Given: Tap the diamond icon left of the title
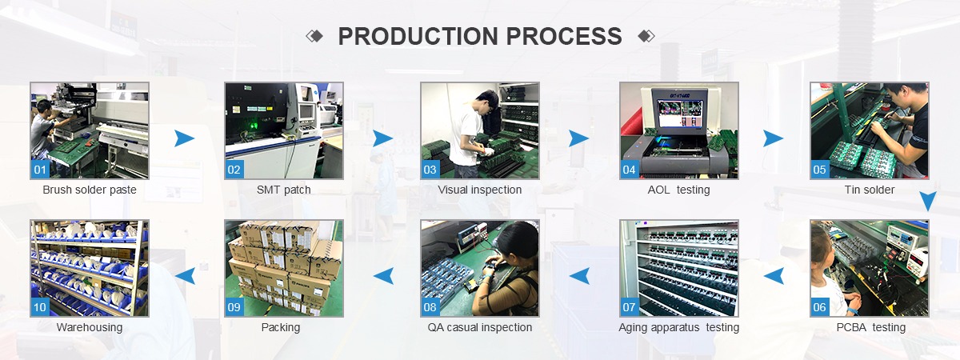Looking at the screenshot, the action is pyautogui.click(x=314, y=36).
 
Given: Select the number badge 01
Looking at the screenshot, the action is pyautogui.click(x=40, y=170).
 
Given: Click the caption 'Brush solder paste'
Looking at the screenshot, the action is pyautogui.click(x=90, y=190).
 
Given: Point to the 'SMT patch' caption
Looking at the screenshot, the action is pyautogui.click(x=283, y=190).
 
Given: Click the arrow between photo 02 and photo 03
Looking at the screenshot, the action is pyautogui.click(x=382, y=138).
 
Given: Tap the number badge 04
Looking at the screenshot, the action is pyautogui.click(x=629, y=170).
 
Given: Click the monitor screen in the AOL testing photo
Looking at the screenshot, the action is pyautogui.click(x=679, y=113).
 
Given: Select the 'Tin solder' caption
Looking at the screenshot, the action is pyautogui.click(x=869, y=190).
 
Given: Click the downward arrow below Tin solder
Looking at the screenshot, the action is pyautogui.click(x=928, y=202).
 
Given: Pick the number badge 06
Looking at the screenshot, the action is pyautogui.click(x=819, y=307).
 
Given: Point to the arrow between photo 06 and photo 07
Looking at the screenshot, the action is pyautogui.click(x=774, y=276).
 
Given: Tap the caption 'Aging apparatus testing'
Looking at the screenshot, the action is pyautogui.click(x=679, y=327).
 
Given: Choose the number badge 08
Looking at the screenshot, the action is pyautogui.click(x=430, y=307).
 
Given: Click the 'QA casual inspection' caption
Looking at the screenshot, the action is pyautogui.click(x=479, y=327).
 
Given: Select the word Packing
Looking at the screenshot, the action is pyautogui.click(x=281, y=327).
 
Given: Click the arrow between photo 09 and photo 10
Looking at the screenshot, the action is pyautogui.click(x=185, y=276).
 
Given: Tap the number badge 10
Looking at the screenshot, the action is pyautogui.click(x=40, y=307).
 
